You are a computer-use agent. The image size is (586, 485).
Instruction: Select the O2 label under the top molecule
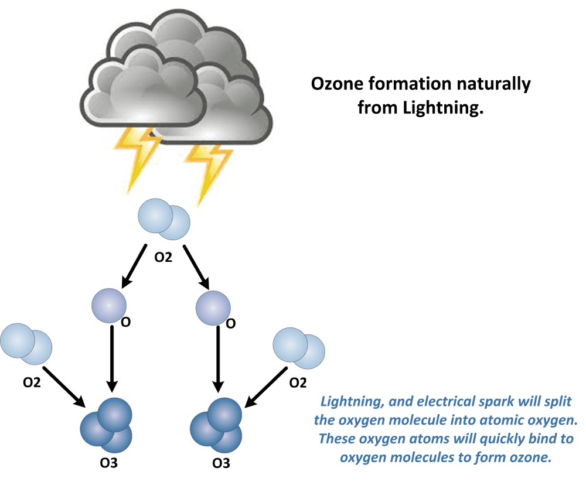coord(163,258)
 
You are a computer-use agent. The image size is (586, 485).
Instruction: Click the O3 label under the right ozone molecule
coord(221,464)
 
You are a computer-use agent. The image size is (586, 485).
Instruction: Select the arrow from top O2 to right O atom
coord(195,267)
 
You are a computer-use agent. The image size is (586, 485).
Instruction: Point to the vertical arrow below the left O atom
coord(111,357)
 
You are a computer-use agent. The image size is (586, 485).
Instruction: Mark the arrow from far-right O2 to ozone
coord(265,387)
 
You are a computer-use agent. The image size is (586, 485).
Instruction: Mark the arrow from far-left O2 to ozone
coord(63,387)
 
